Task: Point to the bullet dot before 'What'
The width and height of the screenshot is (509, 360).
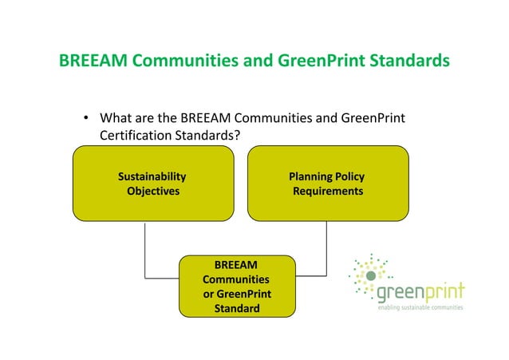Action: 86,120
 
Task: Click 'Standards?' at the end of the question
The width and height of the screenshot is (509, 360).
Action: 209,136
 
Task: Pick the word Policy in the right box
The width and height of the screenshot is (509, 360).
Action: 349,176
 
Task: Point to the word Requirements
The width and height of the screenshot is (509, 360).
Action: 328,192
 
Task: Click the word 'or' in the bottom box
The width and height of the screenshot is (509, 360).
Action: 209,295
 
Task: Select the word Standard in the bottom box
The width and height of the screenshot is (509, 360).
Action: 237,309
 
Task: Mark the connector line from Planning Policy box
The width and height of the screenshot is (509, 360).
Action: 326,251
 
